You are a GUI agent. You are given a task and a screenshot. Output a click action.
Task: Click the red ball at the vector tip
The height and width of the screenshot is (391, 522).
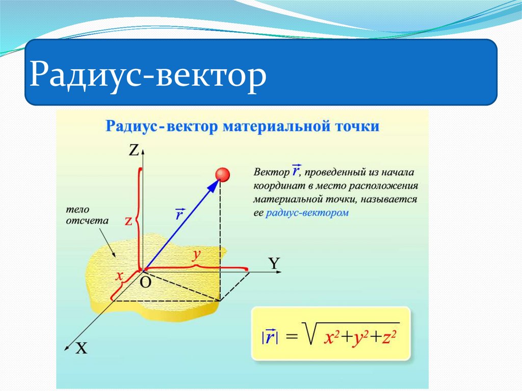tap(222, 174)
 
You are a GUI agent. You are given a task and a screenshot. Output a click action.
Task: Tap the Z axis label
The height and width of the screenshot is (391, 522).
tap(134, 150)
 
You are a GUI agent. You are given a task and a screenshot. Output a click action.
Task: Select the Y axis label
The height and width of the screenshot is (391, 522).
tap(274, 263)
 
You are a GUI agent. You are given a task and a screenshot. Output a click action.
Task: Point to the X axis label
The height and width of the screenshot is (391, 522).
tap(81, 349)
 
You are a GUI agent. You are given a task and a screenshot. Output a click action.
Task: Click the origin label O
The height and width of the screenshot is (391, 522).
tap(145, 283)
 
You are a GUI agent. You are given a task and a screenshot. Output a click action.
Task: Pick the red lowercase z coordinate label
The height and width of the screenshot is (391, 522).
tap(129, 220)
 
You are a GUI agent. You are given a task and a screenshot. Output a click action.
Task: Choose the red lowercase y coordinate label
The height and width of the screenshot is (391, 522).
tap(195, 255)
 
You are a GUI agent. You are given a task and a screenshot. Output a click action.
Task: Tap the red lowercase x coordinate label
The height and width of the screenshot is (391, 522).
tap(120, 276)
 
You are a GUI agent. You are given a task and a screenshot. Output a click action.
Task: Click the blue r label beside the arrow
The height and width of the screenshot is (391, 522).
tap(179, 214)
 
